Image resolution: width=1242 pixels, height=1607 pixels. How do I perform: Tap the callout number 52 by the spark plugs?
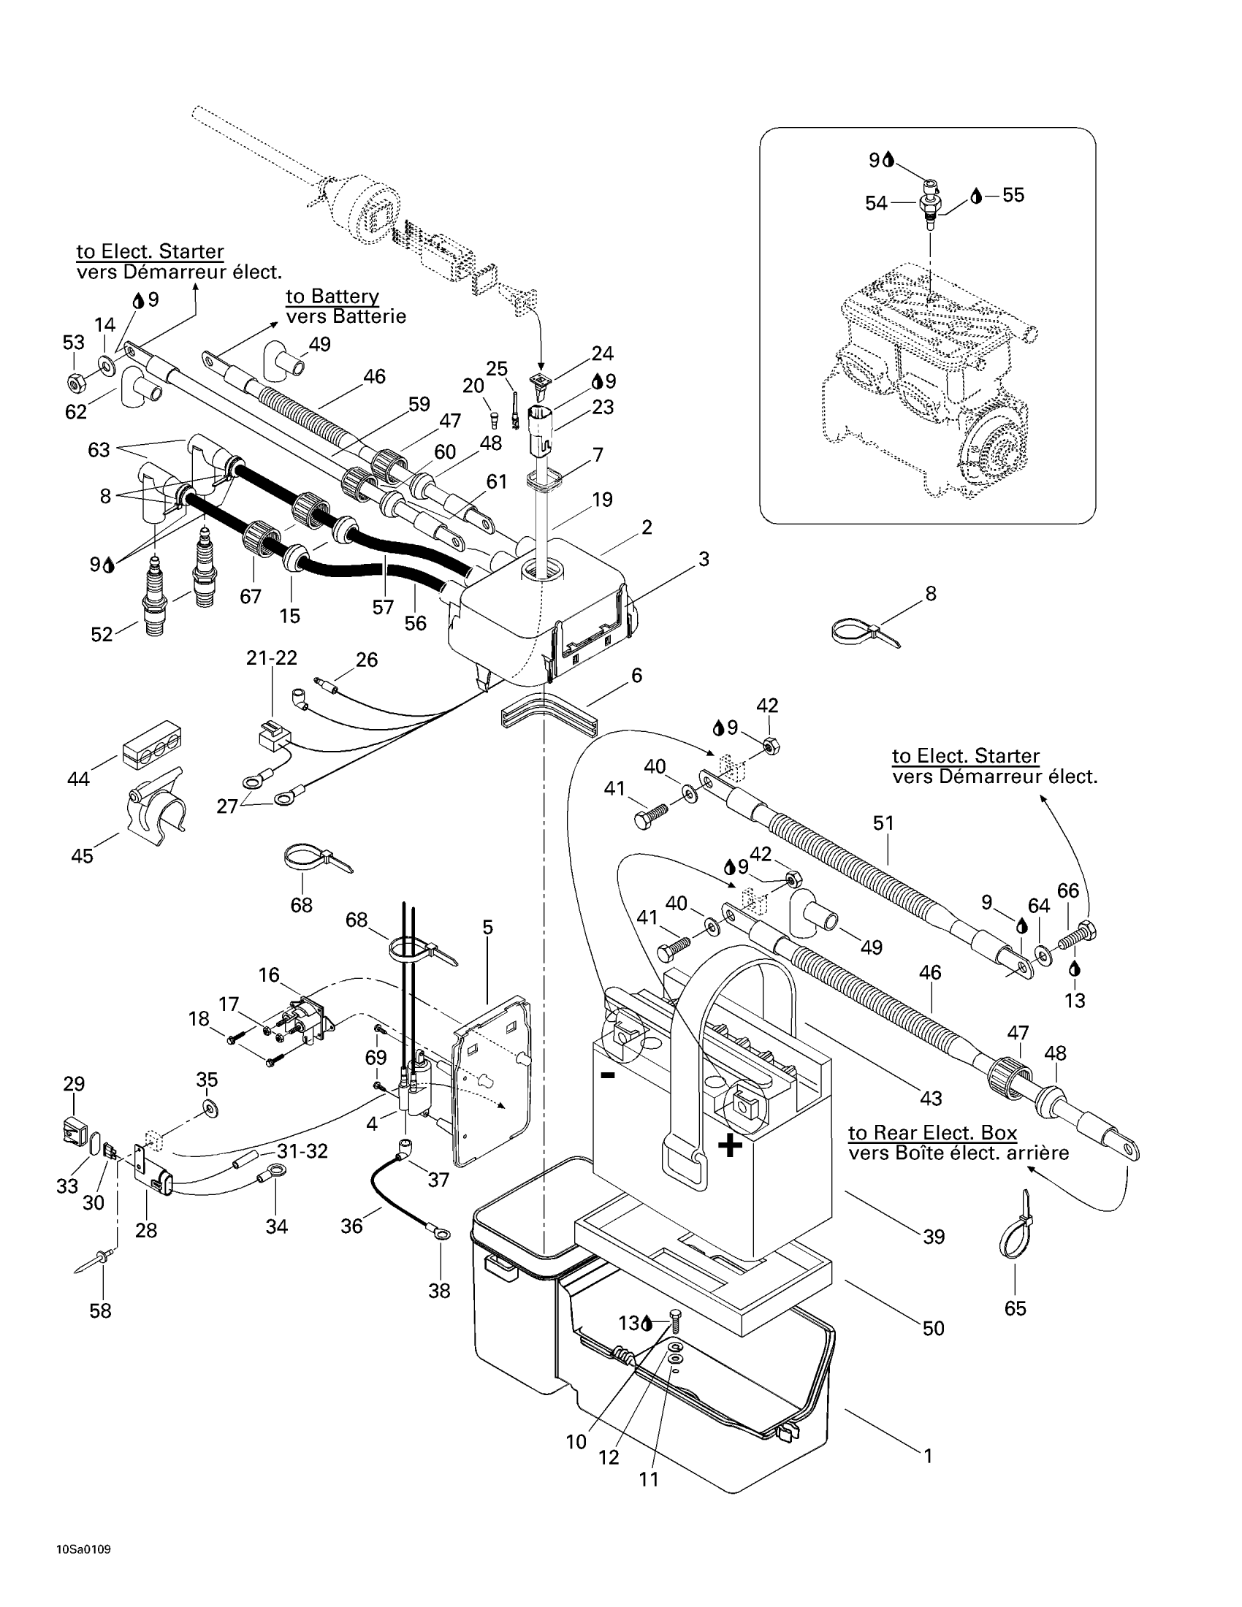point(102,634)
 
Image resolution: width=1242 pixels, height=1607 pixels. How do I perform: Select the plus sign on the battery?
point(730,1145)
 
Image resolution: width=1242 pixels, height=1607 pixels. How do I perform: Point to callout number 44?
point(79,779)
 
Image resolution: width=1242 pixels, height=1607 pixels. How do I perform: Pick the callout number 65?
point(1016,1308)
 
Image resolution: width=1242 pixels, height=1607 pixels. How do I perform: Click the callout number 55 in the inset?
point(1013,195)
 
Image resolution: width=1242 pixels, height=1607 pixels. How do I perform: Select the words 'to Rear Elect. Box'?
point(933,1133)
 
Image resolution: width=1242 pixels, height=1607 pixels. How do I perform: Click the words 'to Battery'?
point(332,296)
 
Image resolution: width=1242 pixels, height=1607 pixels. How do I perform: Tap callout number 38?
point(439,1291)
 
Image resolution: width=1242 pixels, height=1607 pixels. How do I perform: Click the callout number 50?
point(934,1328)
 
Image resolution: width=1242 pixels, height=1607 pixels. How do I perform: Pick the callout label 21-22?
point(273,658)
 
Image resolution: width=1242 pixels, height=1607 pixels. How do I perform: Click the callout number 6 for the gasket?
point(637,675)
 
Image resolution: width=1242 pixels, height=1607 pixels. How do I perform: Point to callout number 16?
point(270,975)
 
